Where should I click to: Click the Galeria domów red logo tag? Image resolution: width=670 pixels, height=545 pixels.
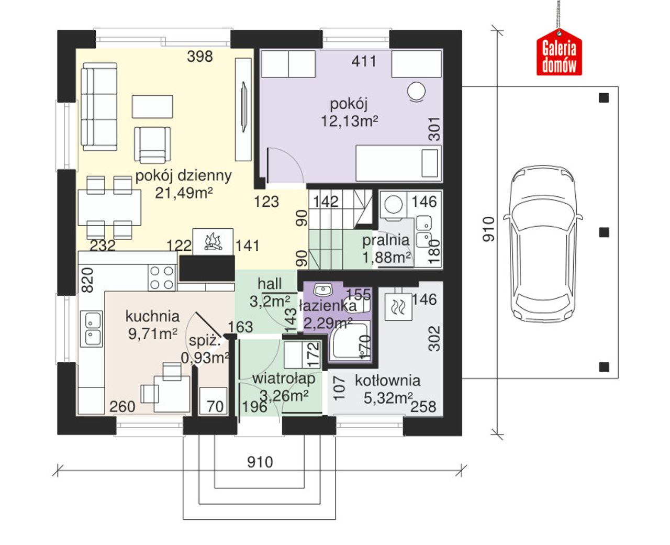(559, 52)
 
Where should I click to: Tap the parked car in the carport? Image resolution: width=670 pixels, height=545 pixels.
(543, 242)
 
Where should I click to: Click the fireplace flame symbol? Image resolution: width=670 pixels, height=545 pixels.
(213, 241)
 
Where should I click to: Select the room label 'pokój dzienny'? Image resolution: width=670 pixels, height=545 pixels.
(183, 175)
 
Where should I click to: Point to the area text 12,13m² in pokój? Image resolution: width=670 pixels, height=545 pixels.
(349, 121)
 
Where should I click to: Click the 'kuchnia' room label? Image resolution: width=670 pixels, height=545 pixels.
(152, 316)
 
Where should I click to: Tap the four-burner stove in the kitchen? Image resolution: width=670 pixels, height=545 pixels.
(162, 277)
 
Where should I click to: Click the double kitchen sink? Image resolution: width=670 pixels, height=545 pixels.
(91, 329)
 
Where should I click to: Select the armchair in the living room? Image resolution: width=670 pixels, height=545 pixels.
(152, 144)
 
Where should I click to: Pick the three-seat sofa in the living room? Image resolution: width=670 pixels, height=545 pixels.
(99, 107)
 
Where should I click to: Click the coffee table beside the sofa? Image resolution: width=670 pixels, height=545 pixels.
(152, 107)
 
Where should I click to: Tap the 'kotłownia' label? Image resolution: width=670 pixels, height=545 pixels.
(387, 381)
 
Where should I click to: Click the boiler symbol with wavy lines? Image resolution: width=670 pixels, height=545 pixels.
(398, 307)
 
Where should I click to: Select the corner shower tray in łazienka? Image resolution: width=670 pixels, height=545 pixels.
(349, 341)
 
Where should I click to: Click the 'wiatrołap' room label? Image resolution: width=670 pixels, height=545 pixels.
(284, 379)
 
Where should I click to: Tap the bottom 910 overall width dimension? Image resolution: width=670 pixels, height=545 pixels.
(260, 462)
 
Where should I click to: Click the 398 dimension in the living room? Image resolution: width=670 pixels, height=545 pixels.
(200, 57)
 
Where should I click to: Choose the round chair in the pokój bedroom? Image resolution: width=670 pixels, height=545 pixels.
(417, 91)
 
